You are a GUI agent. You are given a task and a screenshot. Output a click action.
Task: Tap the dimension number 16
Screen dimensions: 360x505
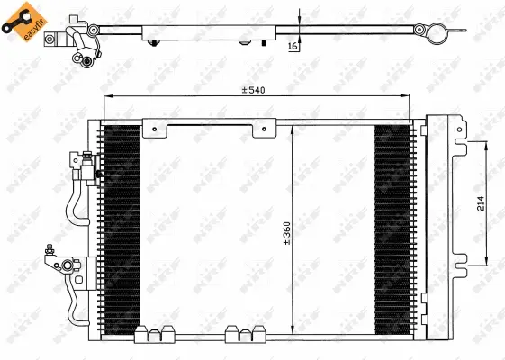[x=293, y=46]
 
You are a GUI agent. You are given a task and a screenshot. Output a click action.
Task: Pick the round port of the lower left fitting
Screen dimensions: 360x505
[x=66, y=265]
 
